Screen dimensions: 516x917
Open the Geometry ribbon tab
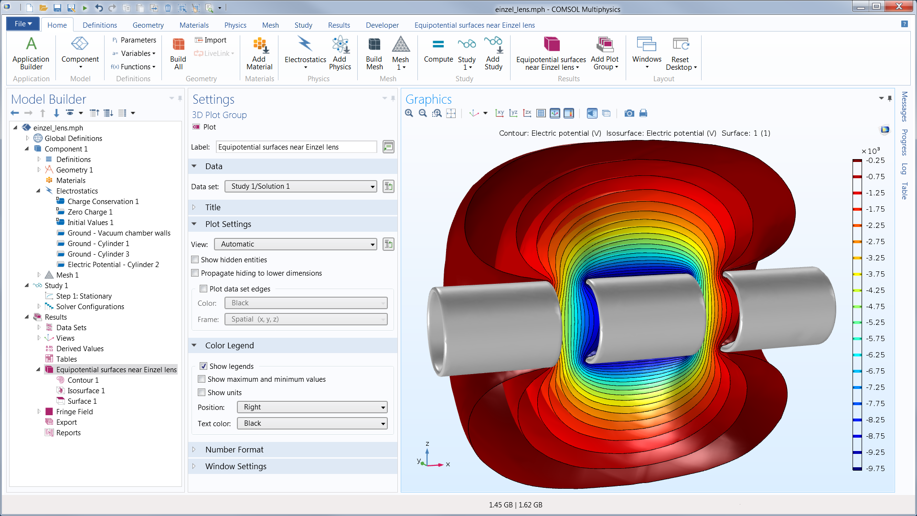(x=148, y=25)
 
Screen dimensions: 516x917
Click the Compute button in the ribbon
(x=438, y=51)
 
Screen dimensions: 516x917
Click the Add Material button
(x=259, y=54)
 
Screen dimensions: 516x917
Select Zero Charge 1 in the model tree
(x=90, y=212)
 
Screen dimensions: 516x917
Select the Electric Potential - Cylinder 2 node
(x=113, y=265)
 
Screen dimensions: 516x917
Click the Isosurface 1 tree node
(x=86, y=391)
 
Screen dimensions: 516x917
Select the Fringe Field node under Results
(x=74, y=412)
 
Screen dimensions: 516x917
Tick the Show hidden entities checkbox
(x=195, y=260)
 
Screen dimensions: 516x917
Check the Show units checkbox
(x=202, y=393)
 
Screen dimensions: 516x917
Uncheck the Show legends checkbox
(x=203, y=366)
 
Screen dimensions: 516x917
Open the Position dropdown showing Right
(x=312, y=408)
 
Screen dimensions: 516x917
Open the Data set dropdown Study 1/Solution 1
(x=300, y=187)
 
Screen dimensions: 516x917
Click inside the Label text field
(x=296, y=147)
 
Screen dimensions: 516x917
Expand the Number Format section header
(x=234, y=450)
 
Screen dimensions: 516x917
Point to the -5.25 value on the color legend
(x=875, y=322)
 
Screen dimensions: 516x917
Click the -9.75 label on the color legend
(x=875, y=469)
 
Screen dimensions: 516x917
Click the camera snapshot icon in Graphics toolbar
(x=629, y=113)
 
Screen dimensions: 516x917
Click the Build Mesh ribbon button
(x=374, y=54)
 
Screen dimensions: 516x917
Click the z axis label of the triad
(x=427, y=444)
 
